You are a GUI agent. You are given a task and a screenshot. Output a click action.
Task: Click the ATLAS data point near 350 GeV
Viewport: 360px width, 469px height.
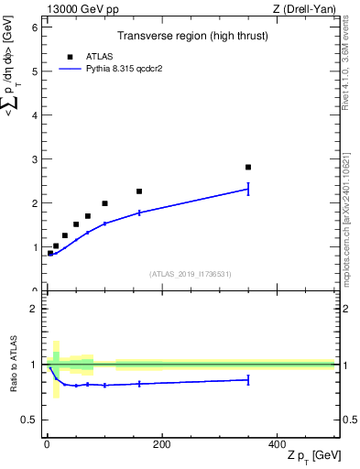click(x=248, y=167)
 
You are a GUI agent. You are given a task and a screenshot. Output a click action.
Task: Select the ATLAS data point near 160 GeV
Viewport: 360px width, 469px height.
click(x=139, y=191)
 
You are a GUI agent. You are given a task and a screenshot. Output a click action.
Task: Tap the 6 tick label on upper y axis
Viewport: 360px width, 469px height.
click(x=34, y=27)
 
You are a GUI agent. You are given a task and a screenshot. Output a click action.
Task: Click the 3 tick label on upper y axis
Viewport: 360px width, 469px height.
click(x=34, y=159)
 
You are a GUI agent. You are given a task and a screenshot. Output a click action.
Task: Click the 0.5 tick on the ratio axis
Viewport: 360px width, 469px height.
click(x=28, y=420)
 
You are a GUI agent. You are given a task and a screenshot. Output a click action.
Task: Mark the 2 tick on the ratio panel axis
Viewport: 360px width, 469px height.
click(x=34, y=309)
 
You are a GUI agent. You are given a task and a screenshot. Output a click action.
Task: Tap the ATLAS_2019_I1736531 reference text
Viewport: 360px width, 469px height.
click(x=191, y=274)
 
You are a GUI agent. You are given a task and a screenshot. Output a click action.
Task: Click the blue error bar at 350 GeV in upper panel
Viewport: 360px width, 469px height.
click(x=248, y=189)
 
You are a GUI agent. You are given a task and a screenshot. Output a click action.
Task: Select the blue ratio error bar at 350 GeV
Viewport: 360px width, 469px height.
click(x=248, y=379)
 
